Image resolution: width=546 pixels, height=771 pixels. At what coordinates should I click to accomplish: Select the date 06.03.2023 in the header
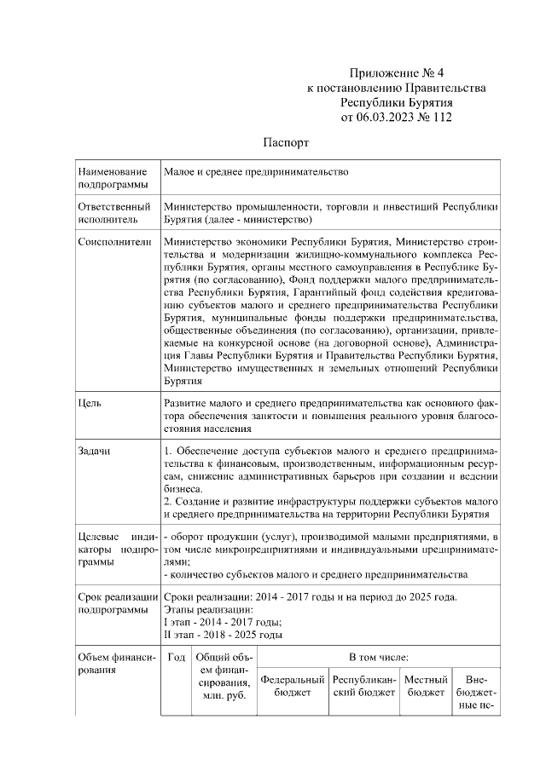(388, 117)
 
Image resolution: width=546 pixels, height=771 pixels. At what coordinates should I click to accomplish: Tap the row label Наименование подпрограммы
(107, 178)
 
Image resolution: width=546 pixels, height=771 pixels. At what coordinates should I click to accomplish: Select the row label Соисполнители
(114, 242)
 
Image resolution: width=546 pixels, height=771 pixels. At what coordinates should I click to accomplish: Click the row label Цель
(90, 400)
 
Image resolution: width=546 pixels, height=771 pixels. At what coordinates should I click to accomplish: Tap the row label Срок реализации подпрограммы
(117, 603)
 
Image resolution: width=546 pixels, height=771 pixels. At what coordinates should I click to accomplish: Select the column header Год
(177, 657)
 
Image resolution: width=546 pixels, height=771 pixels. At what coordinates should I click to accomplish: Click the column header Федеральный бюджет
(293, 687)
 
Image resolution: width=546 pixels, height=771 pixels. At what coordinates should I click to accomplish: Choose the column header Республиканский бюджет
(364, 687)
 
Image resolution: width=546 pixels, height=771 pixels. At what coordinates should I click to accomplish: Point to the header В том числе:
(378, 657)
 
